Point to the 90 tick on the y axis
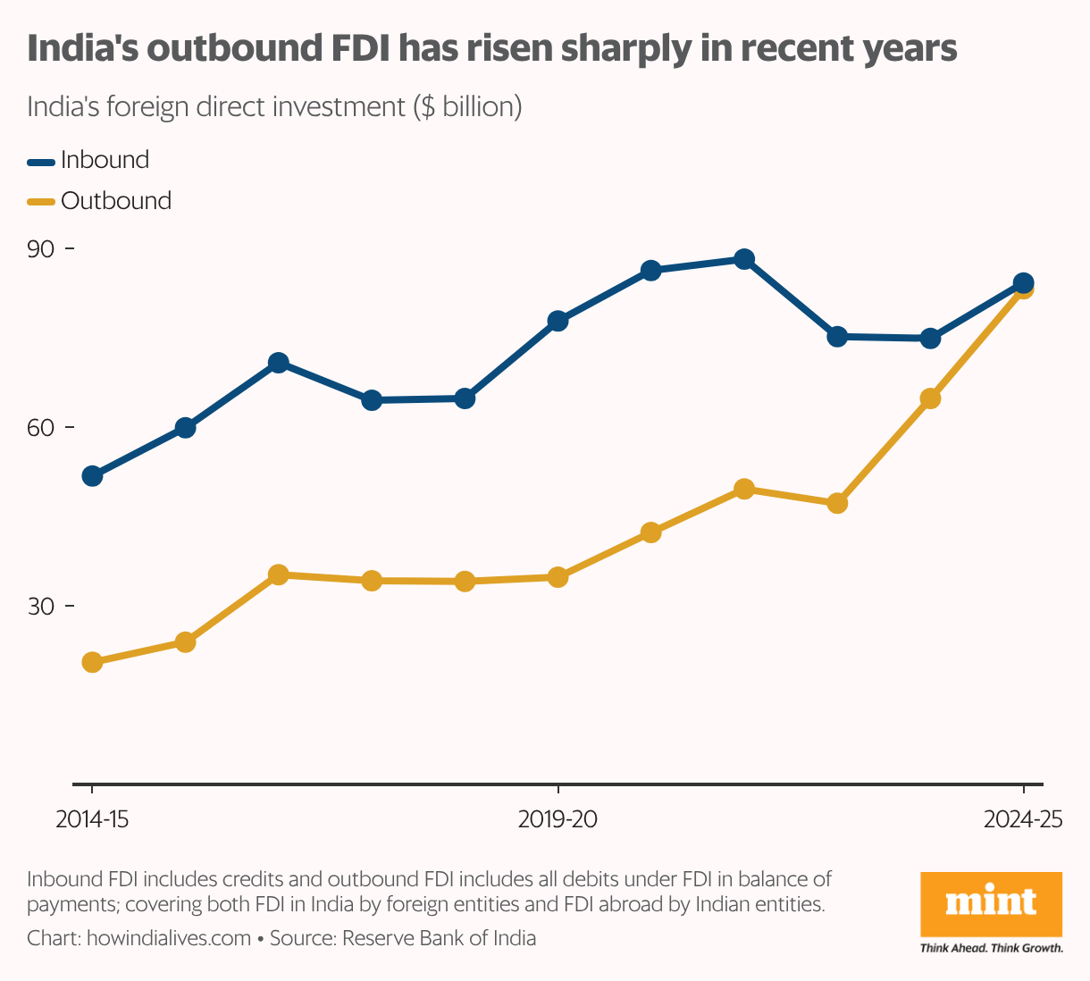pos(41,249)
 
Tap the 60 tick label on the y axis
pos(41,428)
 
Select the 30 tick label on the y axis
pos(41,607)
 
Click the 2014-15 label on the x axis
pos(92,819)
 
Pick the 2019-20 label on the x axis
pos(558,819)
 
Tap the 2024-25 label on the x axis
pos(1023,819)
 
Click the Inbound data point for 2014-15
pos(92,476)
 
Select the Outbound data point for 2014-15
pos(92,662)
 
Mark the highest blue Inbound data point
pos(744,260)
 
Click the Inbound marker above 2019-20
pos(558,321)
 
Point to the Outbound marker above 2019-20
pos(558,577)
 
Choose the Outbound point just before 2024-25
pos(930,398)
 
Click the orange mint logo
pos(991,903)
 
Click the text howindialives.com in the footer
pos(169,939)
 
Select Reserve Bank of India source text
pos(439,939)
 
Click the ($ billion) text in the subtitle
pos(467,107)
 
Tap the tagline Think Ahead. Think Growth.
pos(991,948)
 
